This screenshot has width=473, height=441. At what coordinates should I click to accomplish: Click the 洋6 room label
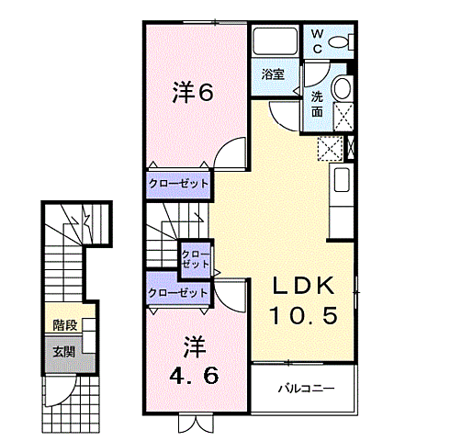point(193,92)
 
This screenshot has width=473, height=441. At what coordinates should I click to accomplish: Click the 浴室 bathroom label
point(272,73)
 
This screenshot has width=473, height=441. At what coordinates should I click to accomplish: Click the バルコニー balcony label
point(306,388)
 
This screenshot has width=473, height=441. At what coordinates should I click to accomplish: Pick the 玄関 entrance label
point(63,352)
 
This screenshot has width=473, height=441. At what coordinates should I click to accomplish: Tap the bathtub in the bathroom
point(275,43)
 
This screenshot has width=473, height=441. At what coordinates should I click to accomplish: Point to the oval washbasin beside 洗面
point(341,89)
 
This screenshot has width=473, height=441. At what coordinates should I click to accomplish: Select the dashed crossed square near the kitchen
point(328,147)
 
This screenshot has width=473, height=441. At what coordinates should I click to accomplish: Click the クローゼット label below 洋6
point(179,184)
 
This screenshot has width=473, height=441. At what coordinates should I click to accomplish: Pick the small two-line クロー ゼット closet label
point(195,258)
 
